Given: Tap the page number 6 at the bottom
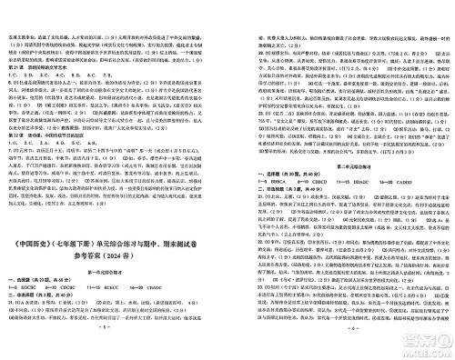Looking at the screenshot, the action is tap(340, 353).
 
